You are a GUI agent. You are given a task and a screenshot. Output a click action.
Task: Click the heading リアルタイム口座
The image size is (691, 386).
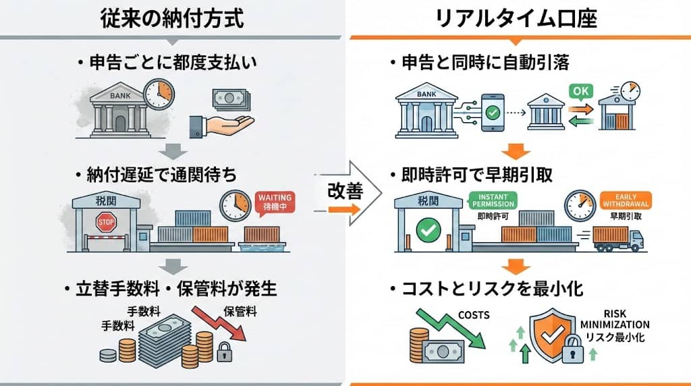tap(516, 18)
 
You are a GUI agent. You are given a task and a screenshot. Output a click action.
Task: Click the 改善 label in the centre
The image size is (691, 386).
tap(345, 192)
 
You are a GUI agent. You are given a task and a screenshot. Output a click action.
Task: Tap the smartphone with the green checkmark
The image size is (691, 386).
tap(494, 109)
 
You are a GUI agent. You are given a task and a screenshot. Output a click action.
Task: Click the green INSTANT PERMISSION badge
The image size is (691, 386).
tap(491, 200)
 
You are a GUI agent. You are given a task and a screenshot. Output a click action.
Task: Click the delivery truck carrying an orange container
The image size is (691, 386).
tap(617, 238)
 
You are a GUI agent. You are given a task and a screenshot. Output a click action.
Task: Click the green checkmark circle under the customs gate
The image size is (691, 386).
tap(427, 230)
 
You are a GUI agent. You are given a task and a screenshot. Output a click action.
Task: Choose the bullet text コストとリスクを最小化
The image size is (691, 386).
tap(486, 289)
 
